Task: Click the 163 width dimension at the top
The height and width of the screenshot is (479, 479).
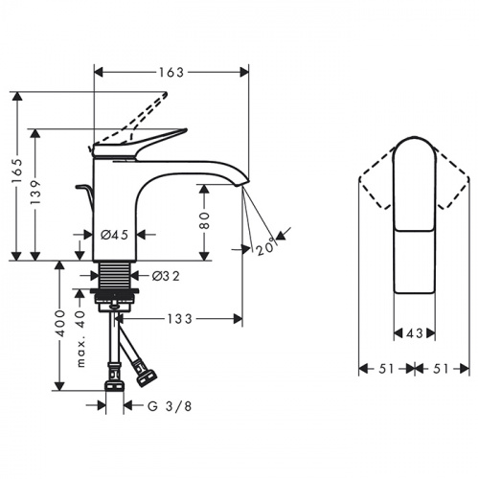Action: (x=171, y=73)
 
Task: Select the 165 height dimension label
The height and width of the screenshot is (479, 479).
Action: (x=16, y=171)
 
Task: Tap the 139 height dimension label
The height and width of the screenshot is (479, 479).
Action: (x=35, y=193)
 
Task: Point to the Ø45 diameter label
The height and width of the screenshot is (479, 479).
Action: (x=114, y=235)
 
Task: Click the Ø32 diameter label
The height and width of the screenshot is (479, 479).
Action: (x=166, y=276)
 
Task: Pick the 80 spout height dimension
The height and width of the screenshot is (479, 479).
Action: (x=204, y=220)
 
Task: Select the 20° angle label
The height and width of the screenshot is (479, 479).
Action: (x=265, y=246)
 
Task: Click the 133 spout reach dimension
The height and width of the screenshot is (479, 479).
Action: (x=180, y=319)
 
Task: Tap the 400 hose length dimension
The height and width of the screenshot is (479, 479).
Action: (x=59, y=323)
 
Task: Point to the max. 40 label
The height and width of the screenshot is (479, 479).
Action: (x=80, y=338)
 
